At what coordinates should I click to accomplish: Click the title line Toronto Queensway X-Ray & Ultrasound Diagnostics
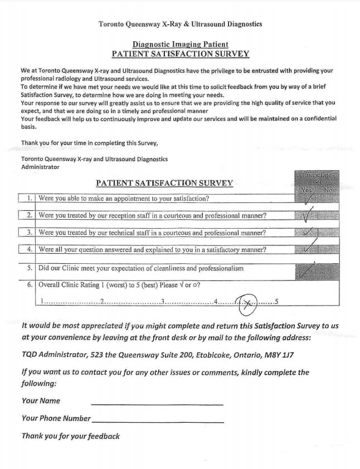coord(180,24)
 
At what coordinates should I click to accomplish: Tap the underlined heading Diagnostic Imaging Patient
coord(180,45)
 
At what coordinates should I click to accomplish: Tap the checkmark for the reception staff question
coord(306,215)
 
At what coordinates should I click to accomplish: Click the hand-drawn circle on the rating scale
coord(246,303)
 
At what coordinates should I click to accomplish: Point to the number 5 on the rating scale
coord(276,302)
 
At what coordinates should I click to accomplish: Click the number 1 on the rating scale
coord(42,302)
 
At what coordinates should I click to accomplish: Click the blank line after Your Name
coord(157,403)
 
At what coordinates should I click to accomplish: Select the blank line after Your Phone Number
coord(158,421)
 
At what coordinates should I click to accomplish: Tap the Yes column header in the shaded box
coord(305,190)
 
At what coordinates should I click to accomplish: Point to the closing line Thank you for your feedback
coord(70,436)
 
